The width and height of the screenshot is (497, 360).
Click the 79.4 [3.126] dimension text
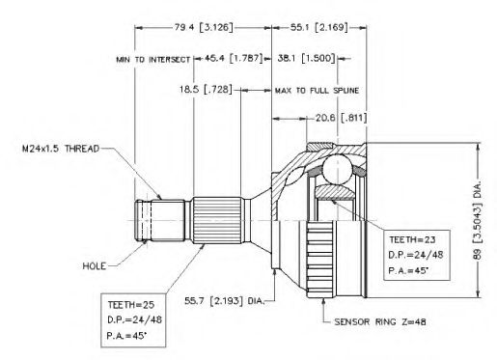tap(204, 28)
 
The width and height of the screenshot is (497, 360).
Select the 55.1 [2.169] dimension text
tap(318, 28)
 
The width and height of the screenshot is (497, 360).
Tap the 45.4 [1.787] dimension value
tap(232, 59)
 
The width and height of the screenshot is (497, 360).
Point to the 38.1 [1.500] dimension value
tap(307, 59)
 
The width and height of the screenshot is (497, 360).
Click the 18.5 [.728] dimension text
tap(206, 90)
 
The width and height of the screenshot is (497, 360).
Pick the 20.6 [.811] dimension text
tap(341, 118)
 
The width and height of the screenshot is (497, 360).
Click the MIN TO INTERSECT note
tap(153, 60)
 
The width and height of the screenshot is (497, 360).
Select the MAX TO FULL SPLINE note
tap(317, 91)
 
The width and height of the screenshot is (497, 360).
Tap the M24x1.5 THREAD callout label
tap(61, 149)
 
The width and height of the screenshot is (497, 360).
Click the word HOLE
tap(94, 266)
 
